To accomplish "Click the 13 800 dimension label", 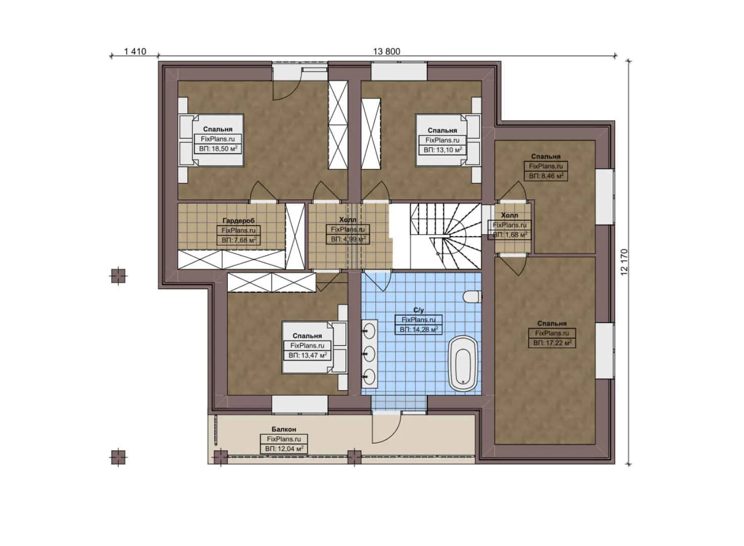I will point(386,52).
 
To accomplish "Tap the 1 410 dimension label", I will point(135,52).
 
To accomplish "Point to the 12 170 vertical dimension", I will point(624,262).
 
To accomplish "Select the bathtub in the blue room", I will point(463,362).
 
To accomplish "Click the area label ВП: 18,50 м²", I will point(218,149).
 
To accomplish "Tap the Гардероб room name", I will point(238,220).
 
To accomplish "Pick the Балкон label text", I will point(284,429).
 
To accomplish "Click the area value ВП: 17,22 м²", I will point(552,343).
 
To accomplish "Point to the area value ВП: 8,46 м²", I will point(546,176).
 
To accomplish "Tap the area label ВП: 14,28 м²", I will point(418,330).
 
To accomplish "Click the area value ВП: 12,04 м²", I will point(284,449).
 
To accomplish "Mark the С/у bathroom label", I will point(418,310).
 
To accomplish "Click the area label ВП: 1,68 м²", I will point(510,235).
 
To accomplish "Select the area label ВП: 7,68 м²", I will point(238,240).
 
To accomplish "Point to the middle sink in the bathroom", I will point(370,352).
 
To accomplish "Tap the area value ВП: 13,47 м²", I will point(307,355).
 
